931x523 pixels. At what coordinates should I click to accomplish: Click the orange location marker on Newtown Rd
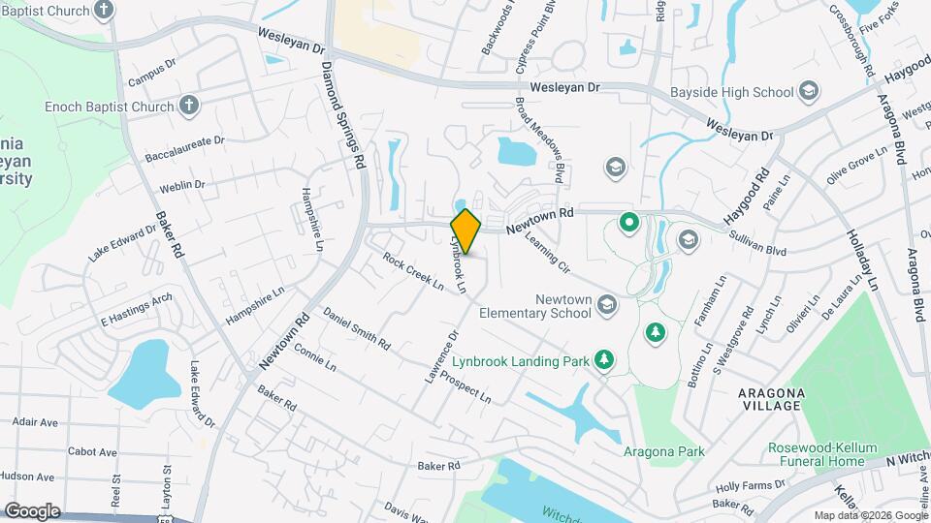[x=465, y=231]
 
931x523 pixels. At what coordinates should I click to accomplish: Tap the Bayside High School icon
[x=809, y=93]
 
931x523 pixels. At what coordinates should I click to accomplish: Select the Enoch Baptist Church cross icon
[x=189, y=106]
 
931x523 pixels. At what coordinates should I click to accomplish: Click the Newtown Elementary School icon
[x=606, y=307]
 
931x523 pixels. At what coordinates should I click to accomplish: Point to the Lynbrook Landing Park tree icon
[x=604, y=359]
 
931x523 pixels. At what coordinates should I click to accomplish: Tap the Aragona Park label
[x=663, y=450]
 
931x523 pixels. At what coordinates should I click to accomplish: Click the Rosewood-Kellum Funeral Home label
[x=822, y=455]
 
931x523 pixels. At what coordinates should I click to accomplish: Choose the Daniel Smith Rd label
[x=357, y=329]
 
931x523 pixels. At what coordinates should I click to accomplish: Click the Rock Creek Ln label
[x=412, y=273]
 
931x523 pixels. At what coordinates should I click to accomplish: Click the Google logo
[x=33, y=510]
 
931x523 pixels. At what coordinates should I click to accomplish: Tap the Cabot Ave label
[x=92, y=452]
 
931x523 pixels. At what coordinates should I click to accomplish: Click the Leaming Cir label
[x=549, y=252]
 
